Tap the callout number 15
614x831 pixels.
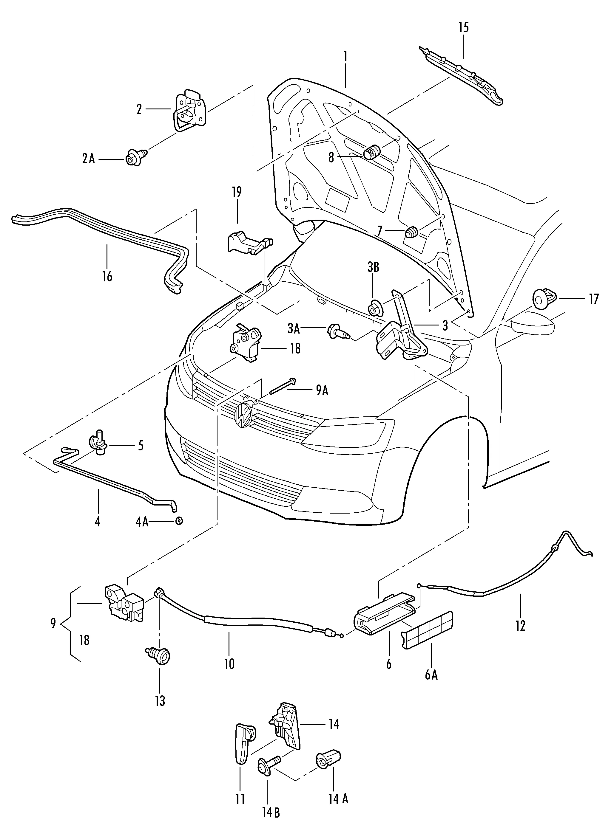click(463, 27)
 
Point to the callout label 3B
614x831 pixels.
click(373, 267)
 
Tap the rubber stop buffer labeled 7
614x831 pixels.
click(412, 232)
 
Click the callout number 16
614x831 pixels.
click(107, 277)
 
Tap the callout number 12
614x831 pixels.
click(520, 626)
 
